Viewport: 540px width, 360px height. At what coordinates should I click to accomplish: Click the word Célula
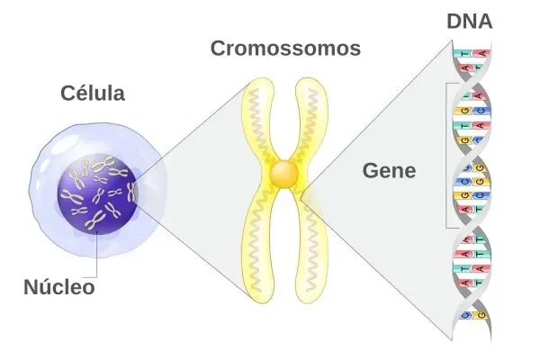click(x=93, y=93)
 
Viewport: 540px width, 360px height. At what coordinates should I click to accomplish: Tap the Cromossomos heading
click(x=285, y=49)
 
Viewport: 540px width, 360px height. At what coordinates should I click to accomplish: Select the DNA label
click(x=469, y=21)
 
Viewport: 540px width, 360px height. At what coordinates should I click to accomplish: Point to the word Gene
click(x=388, y=169)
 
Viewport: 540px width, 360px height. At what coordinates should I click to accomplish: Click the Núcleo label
click(x=58, y=288)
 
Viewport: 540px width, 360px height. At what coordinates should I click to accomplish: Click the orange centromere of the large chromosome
click(x=285, y=173)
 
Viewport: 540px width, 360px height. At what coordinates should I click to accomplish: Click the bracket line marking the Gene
click(x=447, y=153)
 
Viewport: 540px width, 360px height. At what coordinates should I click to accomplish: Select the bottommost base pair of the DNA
click(x=471, y=314)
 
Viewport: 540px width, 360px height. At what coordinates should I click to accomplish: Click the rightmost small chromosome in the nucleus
click(x=130, y=192)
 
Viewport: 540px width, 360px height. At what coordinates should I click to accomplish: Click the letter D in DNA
click(x=454, y=21)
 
